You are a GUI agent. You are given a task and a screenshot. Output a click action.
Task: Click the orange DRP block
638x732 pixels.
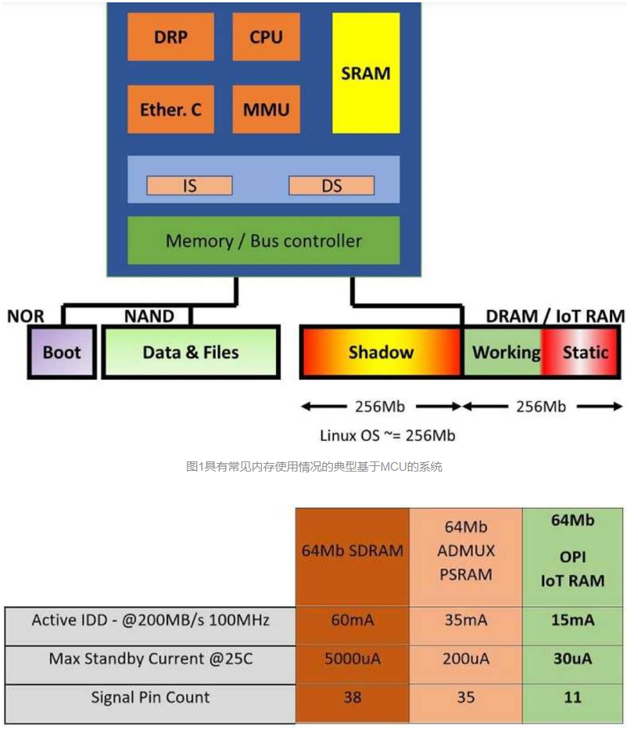(x=170, y=37)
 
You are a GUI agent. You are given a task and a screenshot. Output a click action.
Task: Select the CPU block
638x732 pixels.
(x=266, y=37)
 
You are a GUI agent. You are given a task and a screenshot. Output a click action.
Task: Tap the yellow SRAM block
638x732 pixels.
(x=365, y=73)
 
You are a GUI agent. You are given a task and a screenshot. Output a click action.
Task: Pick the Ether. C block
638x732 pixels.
(x=170, y=109)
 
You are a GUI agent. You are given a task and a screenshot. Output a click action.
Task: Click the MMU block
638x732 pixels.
(x=266, y=109)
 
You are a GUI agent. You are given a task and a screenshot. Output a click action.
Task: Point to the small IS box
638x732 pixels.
(x=190, y=185)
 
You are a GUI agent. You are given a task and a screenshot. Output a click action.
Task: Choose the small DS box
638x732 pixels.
(x=332, y=185)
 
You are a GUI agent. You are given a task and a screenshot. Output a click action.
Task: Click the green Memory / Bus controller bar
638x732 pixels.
(x=263, y=240)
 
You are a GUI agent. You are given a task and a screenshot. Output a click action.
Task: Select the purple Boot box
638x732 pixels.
(x=62, y=352)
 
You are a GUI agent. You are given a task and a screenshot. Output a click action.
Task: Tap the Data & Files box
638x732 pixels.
(x=191, y=352)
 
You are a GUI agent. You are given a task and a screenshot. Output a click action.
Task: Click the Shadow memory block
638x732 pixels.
(x=381, y=352)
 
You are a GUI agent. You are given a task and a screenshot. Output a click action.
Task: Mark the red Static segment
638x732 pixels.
(x=583, y=352)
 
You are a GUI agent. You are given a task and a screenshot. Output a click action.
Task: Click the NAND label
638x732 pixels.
(x=149, y=316)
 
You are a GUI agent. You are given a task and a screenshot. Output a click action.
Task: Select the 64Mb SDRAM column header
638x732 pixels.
(x=353, y=551)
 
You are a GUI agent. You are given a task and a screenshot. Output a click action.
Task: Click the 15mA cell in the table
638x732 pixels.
(x=572, y=620)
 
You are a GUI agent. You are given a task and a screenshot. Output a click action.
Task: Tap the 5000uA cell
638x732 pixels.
(x=353, y=658)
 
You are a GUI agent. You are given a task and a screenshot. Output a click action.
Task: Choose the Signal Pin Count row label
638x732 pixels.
(x=150, y=697)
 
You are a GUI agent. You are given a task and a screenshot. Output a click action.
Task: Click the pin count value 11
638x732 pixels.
(x=572, y=697)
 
